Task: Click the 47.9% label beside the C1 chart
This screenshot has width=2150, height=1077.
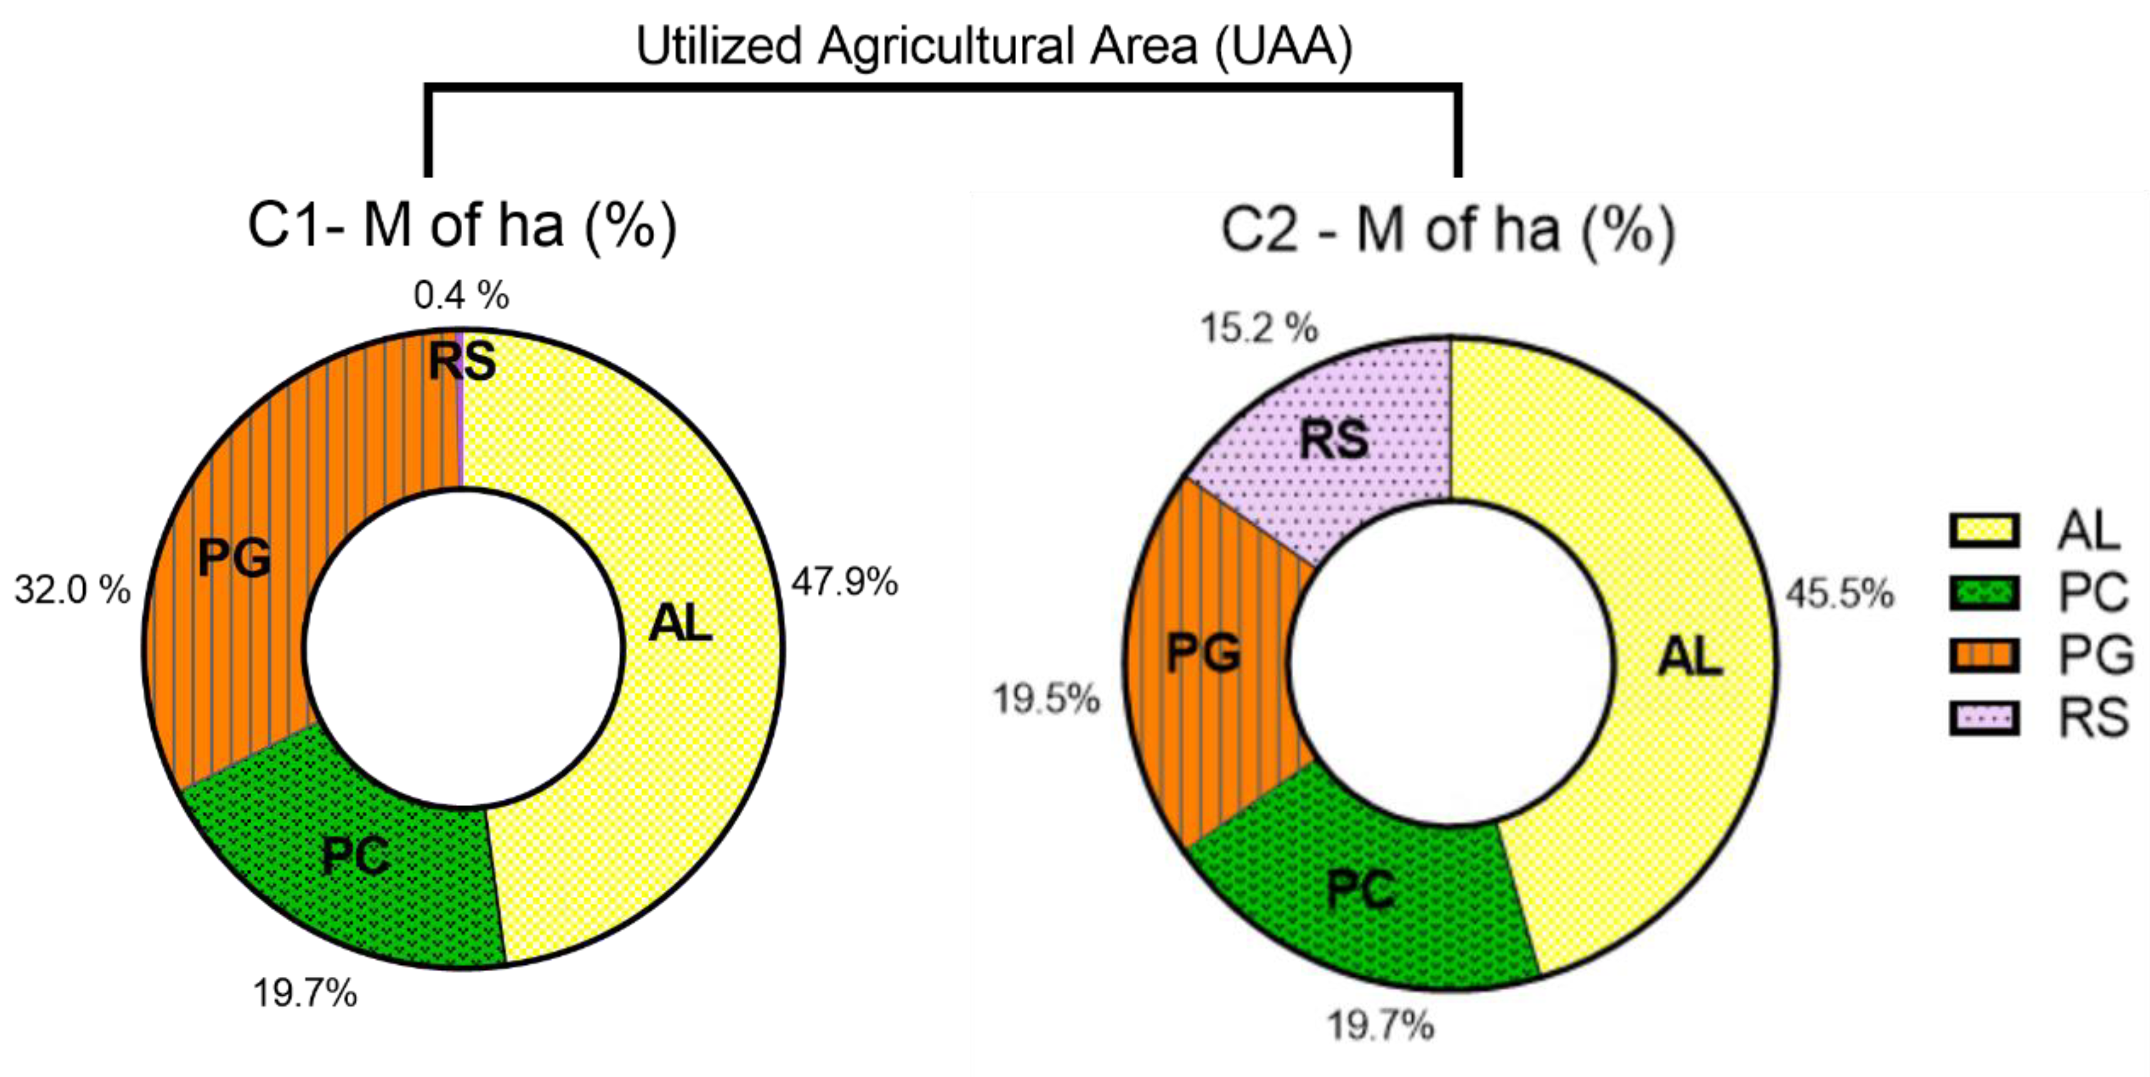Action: click(x=845, y=582)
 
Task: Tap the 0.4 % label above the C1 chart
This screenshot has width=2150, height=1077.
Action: click(x=461, y=296)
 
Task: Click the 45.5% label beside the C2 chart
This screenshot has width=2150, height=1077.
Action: click(x=1840, y=594)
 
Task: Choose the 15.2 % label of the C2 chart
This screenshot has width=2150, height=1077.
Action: click(x=1259, y=328)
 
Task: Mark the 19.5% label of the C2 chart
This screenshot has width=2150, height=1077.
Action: click(x=1046, y=699)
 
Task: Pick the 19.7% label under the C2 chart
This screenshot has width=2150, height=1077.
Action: click(x=1380, y=1025)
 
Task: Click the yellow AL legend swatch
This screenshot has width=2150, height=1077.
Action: click(x=1984, y=531)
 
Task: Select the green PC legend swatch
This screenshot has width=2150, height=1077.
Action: click(x=1984, y=594)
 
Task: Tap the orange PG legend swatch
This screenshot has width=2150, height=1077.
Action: click(x=1984, y=655)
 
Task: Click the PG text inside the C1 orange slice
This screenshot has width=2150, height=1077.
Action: click(x=235, y=559)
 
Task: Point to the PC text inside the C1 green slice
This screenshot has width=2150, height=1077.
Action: click(x=356, y=856)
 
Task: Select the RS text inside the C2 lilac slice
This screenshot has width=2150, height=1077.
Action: click(x=1334, y=439)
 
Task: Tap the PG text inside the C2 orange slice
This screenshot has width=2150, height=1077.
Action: click(x=1203, y=652)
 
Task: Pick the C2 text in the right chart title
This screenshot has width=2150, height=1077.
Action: click(x=1260, y=230)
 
